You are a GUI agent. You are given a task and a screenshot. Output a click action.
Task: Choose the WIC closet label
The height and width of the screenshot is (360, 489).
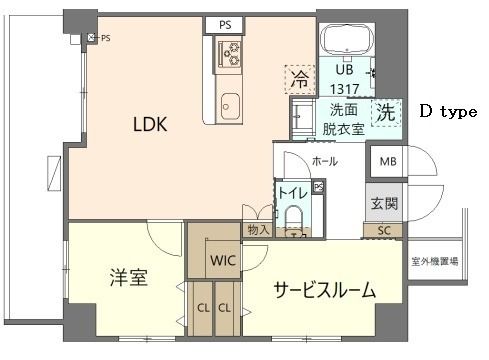pos(221,261)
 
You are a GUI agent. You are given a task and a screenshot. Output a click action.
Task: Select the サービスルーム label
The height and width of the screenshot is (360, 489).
pos(326,291)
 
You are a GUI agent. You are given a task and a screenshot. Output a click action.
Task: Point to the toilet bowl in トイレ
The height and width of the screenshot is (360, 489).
pos(294,221)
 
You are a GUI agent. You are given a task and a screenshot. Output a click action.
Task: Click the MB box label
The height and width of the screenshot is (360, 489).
pos(385,160)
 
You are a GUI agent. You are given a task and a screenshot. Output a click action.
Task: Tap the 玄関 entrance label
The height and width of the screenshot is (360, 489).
pos(384,204)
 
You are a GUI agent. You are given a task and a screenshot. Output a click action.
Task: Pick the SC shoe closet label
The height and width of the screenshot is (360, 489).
pos(384,231)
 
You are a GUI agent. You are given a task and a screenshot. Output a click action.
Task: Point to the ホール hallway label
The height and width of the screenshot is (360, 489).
pos(324,161)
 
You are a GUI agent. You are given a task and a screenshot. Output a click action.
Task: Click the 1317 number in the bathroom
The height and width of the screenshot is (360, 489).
pos(344,87)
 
